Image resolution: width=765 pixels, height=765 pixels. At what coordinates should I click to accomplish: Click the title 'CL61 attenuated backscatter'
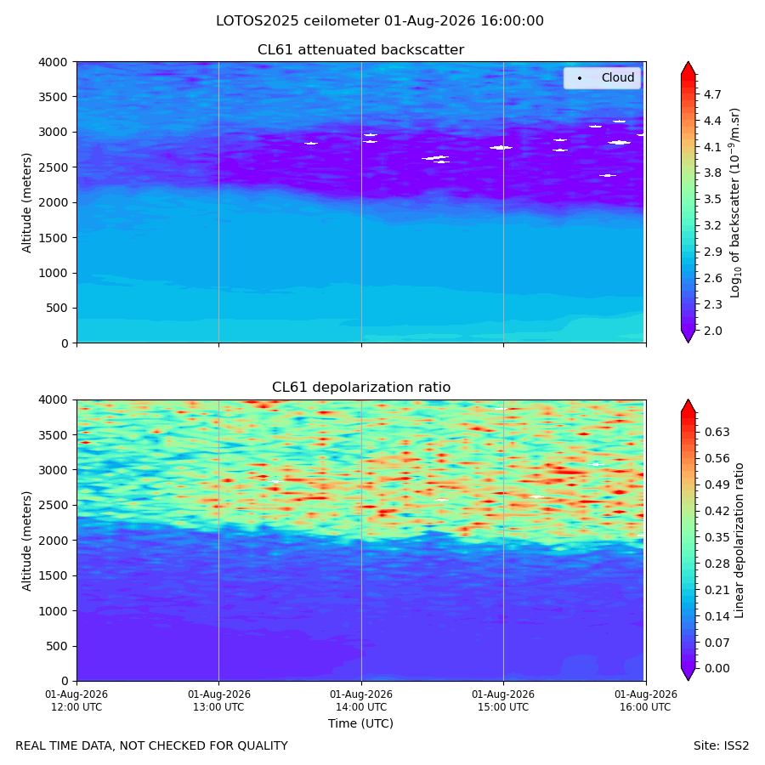click(x=360, y=50)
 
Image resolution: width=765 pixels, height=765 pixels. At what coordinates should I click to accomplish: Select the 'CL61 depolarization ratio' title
click(x=361, y=387)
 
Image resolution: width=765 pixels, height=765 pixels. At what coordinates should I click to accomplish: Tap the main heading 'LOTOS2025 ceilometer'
click(x=297, y=21)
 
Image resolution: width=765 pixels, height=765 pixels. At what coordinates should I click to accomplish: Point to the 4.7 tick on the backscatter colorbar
click(x=712, y=94)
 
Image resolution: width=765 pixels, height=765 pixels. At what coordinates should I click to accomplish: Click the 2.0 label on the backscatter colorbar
click(x=712, y=331)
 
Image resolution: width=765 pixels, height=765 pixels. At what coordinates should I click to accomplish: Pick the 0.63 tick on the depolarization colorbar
click(x=717, y=432)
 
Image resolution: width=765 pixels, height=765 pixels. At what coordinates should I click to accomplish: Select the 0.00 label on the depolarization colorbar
click(x=717, y=668)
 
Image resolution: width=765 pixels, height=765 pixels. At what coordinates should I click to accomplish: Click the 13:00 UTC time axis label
click(x=218, y=700)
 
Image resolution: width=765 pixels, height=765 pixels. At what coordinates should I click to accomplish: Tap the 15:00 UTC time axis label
click(x=503, y=700)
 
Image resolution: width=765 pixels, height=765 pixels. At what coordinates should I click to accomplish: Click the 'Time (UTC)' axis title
click(x=360, y=723)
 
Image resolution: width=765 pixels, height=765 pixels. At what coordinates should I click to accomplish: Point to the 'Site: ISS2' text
click(x=721, y=745)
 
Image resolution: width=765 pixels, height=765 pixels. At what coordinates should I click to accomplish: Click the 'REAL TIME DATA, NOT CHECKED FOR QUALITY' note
click(x=152, y=745)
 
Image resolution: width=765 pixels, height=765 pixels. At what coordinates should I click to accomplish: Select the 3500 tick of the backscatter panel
click(x=54, y=97)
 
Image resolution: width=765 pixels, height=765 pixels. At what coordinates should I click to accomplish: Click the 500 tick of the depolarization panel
click(x=58, y=646)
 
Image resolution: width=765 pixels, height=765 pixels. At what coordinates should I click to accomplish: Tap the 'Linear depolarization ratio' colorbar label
click(x=739, y=541)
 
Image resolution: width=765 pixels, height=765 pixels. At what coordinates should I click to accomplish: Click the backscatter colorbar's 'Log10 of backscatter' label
click(x=734, y=202)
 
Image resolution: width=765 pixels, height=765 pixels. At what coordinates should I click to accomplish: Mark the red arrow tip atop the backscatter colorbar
click(x=688, y=62)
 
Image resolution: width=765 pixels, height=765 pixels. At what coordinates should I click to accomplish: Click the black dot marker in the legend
click(x=580, y=78)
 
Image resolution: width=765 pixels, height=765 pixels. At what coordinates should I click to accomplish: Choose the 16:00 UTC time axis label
click(x=646, y=700)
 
